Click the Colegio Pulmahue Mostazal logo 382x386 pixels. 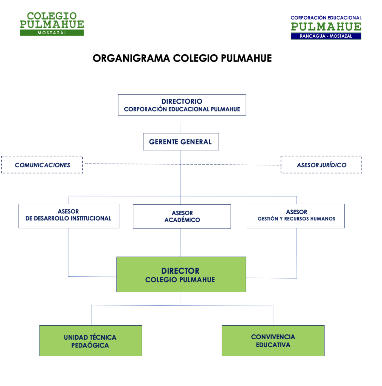coord(52,24)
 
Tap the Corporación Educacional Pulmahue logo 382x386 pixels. coord(326,27)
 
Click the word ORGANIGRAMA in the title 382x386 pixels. coord(131,58)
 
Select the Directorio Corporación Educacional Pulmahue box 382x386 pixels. coord(182,105)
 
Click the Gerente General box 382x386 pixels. coord(181,142)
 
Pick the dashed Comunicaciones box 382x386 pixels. coord(42,165)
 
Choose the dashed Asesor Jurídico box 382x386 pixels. coord(321,165)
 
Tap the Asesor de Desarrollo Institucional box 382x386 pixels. coord(69,216)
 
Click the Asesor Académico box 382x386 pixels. coord(182,216)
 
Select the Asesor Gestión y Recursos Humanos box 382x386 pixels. coord(296,216)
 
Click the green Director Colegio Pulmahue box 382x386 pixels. coord(181,274)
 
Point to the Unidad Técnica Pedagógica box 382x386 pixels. coord(90,341)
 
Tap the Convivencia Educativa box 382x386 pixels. coord(273,341)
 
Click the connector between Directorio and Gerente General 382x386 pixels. coord(181,124)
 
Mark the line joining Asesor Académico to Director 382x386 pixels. coord(180,243)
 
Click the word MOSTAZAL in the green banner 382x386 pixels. coord(52,33)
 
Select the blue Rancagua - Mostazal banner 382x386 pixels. coord(326,36)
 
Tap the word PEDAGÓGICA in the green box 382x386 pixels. coord(90,345)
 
